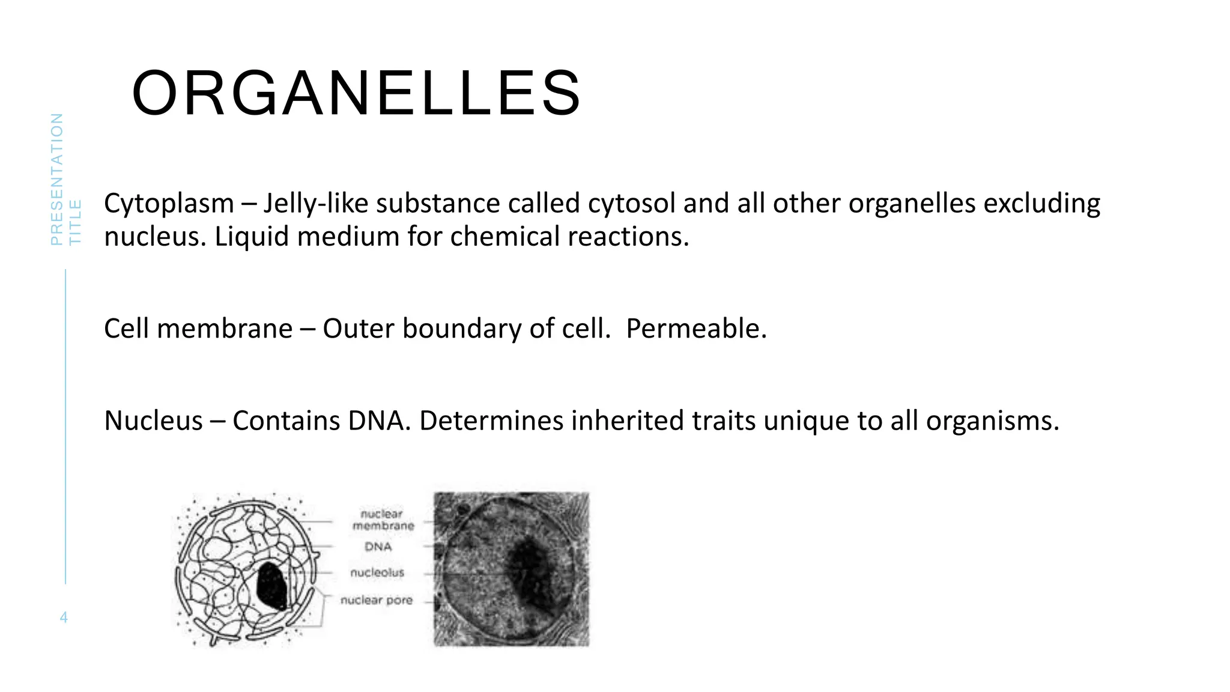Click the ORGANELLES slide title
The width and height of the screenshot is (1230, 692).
[356, 94]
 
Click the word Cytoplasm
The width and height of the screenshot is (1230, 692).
[169, 204]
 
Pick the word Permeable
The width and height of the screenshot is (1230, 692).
[696, 329]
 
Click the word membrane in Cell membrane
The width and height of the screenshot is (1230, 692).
[225, 329]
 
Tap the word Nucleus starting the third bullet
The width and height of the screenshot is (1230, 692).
[153, 420]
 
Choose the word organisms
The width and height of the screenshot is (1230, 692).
[992, 420]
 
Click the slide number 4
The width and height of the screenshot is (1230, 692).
[64, 618]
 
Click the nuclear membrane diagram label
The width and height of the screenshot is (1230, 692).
[383, 520]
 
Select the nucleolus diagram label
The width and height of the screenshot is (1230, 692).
[377, 572]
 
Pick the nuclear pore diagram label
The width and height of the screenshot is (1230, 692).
[377, 600]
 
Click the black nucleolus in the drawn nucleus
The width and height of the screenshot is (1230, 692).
[272, 586]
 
